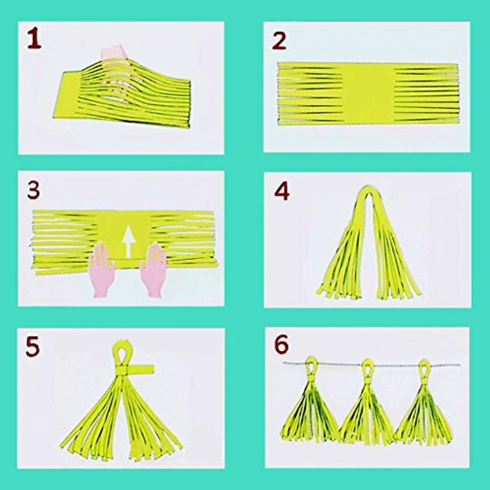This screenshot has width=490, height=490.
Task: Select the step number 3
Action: [x=33, y=191]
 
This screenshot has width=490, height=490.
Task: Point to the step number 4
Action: [x=282, y=191]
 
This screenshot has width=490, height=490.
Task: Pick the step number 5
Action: [x=33, y=347]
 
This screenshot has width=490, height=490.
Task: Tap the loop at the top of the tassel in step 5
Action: [x=121, y=352]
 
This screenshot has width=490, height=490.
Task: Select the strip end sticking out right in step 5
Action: [x=144, y=369]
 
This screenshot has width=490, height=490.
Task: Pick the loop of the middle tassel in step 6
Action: [x=367, y=366]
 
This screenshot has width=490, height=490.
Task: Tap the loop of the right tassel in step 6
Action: [x=424, y=366]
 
